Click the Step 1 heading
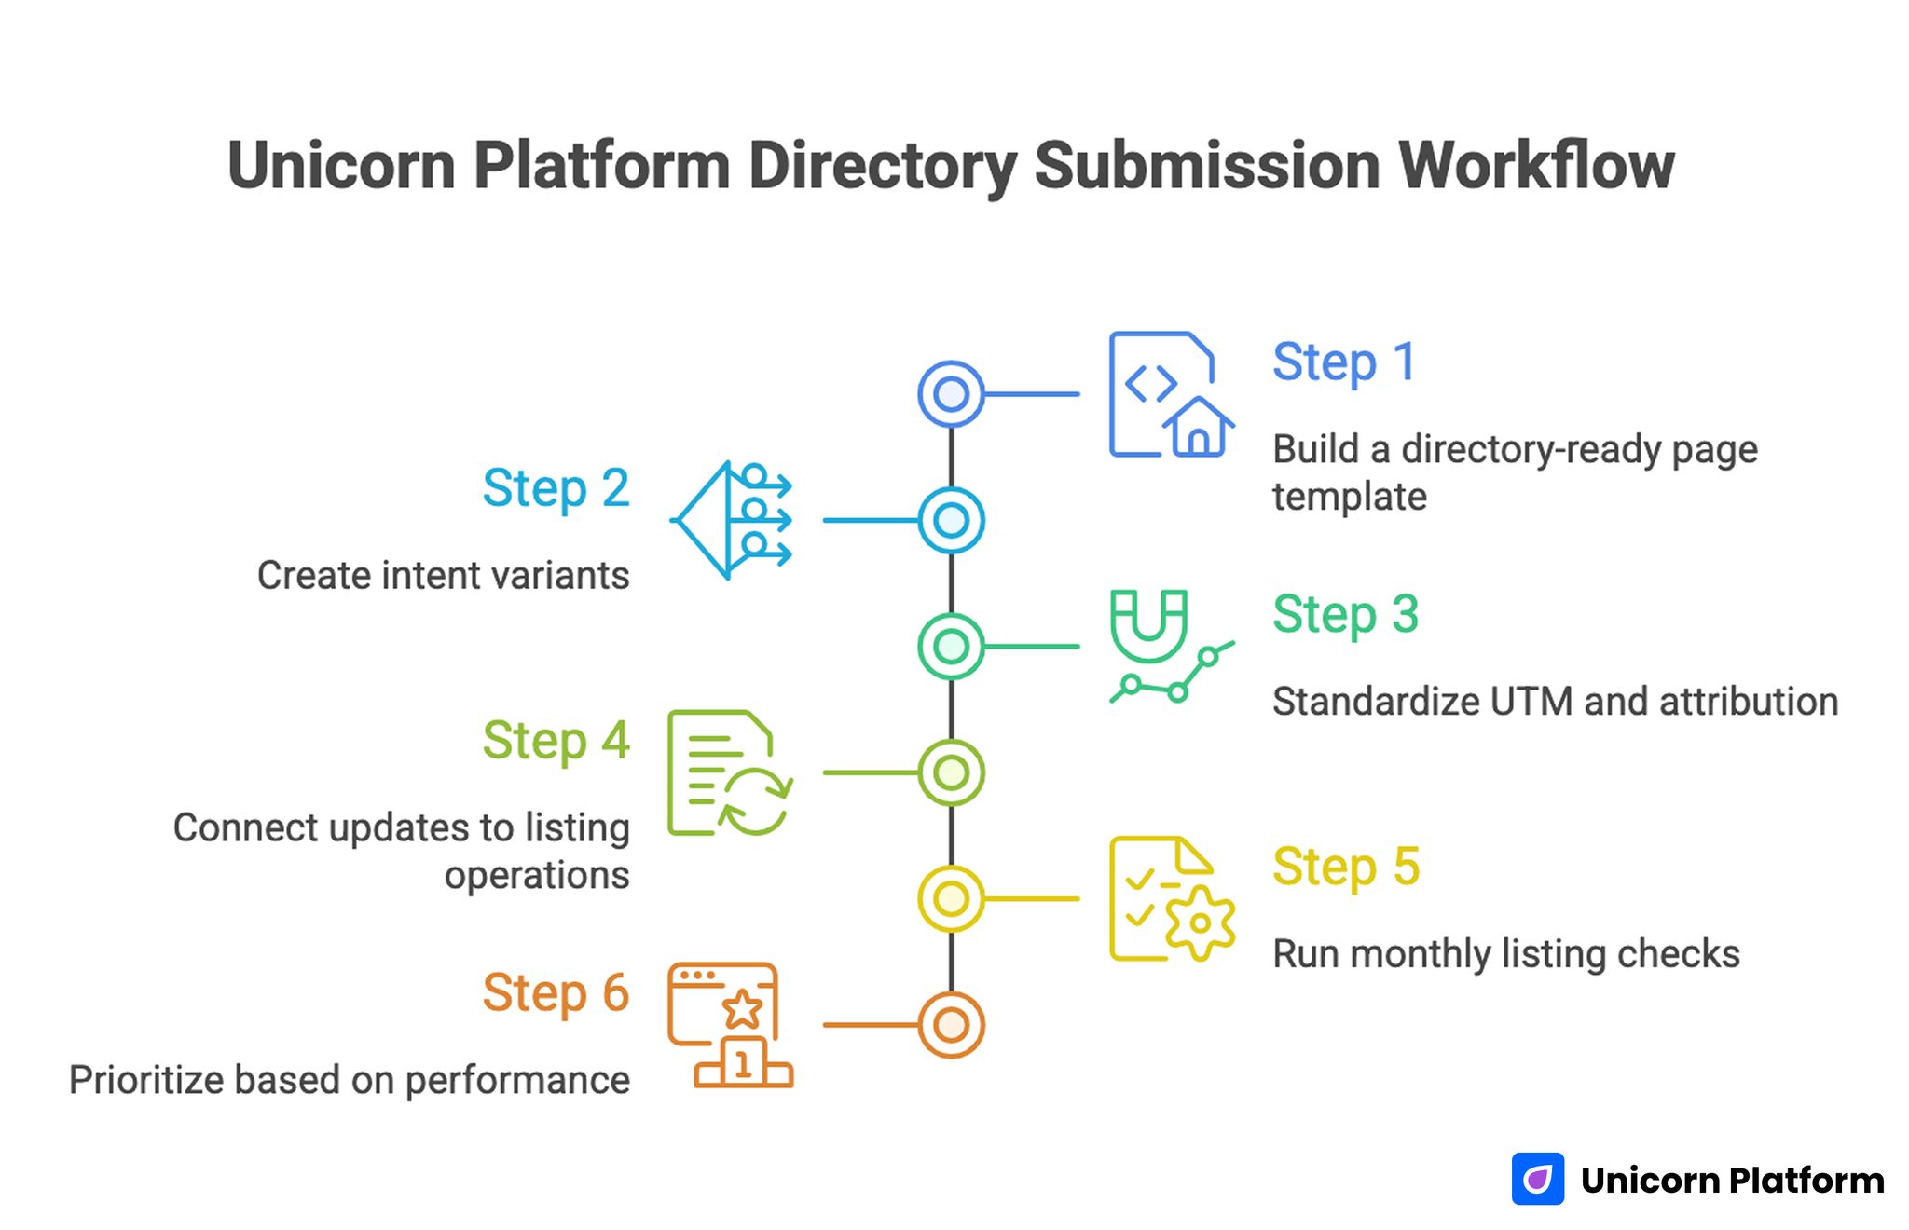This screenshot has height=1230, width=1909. [1343, 362]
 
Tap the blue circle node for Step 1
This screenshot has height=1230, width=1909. [950, 394]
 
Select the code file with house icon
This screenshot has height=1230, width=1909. [1170, 394]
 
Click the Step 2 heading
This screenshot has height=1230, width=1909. [556, 488]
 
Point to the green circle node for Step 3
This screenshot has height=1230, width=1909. [950, 646]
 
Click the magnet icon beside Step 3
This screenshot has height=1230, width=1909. [1170, 646]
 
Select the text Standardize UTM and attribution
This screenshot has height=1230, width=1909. [1554, 702]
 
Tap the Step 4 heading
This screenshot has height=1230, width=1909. [556, 741]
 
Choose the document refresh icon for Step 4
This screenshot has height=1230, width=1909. [730, 772]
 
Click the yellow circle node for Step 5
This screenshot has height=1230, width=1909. [950, 898]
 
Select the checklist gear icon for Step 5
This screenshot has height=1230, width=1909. [1170, 898]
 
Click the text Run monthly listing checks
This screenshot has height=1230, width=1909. [1505, 954]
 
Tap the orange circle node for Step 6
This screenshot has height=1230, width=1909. [950, 1025]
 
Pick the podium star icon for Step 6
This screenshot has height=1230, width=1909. [730, 1025]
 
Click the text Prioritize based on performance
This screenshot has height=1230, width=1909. [350, 1081]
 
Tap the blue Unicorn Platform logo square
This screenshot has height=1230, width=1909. [1537, 1179]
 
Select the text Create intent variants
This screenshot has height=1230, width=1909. [443, 576]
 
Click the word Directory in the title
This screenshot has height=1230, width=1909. [882, 166]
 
